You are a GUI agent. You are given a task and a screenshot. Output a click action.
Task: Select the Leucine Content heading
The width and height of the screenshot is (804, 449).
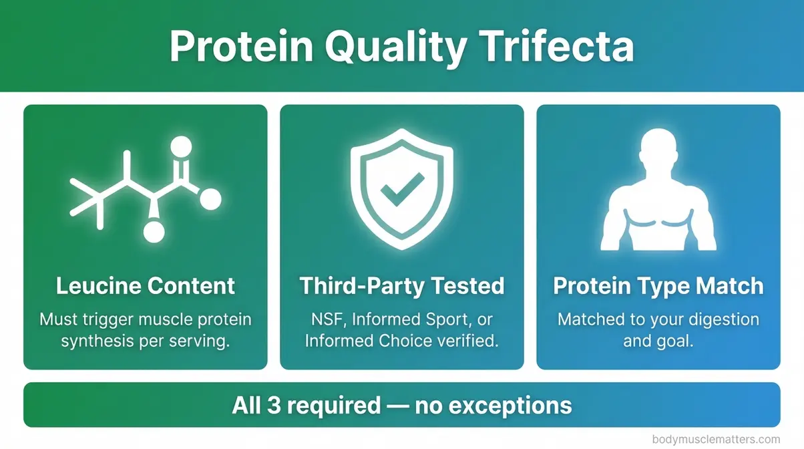[146, 286]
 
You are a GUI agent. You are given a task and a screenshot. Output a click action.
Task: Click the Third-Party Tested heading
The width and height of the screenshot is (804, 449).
[401, 286]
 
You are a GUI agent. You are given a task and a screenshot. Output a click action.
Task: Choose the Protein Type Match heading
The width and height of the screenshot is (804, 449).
[658, 286]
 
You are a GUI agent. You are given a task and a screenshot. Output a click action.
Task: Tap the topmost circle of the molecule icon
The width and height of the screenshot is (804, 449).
[181, 146]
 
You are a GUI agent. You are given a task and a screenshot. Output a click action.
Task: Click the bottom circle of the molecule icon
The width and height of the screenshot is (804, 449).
[154, 232]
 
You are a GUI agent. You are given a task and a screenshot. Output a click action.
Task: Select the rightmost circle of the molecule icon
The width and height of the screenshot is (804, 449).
[210, 198]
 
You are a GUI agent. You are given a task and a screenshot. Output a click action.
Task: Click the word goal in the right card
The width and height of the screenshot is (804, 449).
[674, 341]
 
